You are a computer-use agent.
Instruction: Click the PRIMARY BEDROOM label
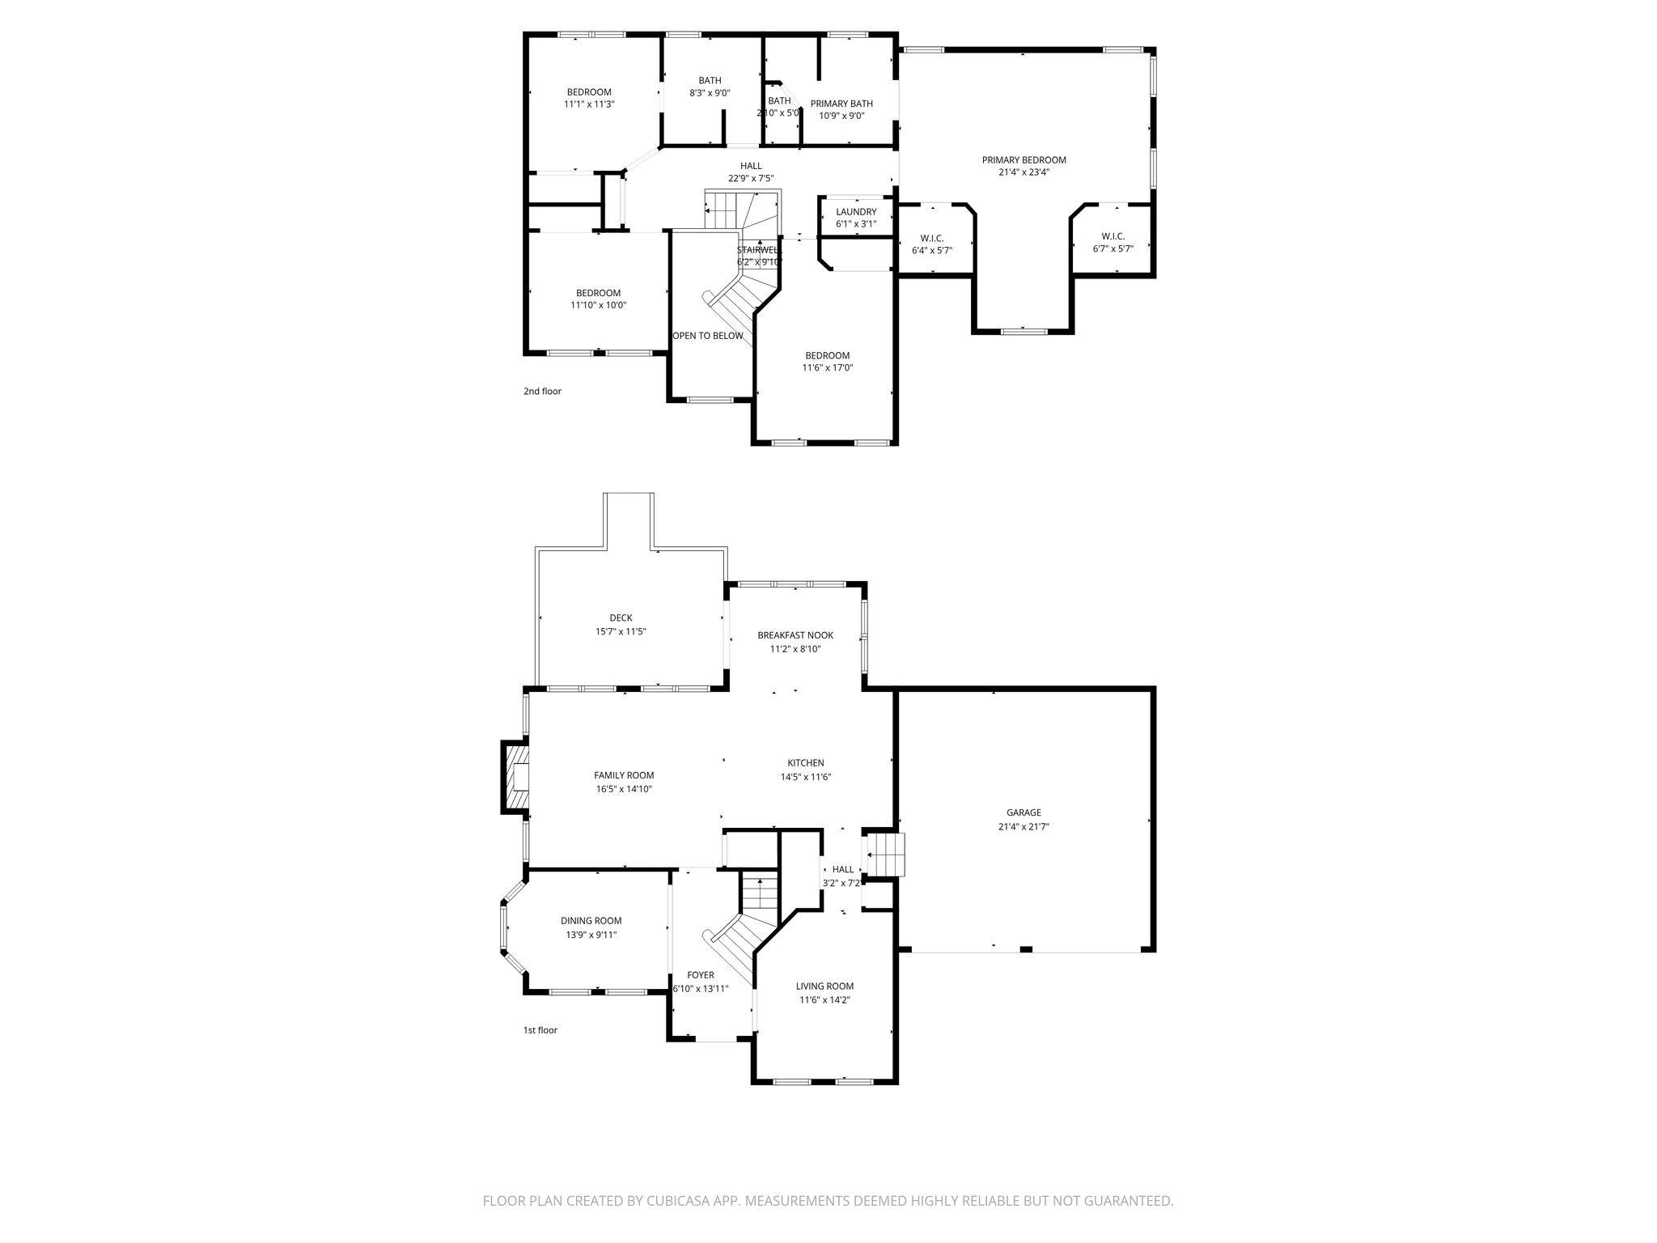click(1023, 160)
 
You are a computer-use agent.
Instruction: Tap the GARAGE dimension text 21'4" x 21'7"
click(1023, 827)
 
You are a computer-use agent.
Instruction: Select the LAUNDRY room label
click(856, 212)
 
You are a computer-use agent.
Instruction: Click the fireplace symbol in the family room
click(516, 778)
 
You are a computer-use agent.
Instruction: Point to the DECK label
click(621, 618)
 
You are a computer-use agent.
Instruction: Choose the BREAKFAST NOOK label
click(795, 635)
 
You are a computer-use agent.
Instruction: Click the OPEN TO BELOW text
click(708, 336)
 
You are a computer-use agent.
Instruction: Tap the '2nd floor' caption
click(542, 392)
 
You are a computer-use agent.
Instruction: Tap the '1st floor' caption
click(540, 1030)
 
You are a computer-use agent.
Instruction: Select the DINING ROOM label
click(591, 921)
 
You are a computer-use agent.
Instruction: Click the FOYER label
click(700, 975)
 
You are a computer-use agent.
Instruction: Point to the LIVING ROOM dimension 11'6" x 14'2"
click(824, 999)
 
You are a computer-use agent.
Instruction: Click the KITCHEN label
click(806, 763)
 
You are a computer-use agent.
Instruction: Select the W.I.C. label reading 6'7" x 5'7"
click(1112, 236)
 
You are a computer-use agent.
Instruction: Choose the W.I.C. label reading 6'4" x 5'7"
click(931, 239)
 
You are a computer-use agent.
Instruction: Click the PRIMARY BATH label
click(841, 104)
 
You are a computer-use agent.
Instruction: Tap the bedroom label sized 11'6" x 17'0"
click(827, 356)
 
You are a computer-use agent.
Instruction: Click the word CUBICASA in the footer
click(679, 1201)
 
